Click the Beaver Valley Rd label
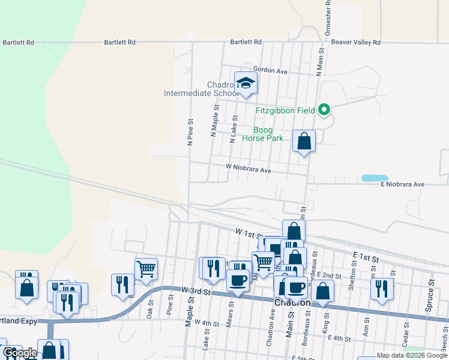tap(356, 43)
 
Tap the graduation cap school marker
tap(246, 83)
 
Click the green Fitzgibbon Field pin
tap(325, 109)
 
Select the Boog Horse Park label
tap(262, 134)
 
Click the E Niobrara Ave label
tap(403, 184)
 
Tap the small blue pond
tap(375, 178)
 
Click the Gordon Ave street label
tap(271, 71)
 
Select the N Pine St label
tap(190, 132)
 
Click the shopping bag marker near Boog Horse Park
tap(304, 142)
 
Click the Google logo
tap(20, 353)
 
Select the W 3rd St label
tap(195, 292)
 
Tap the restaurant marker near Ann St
tap(382, 289)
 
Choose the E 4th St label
tap(339, 339)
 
